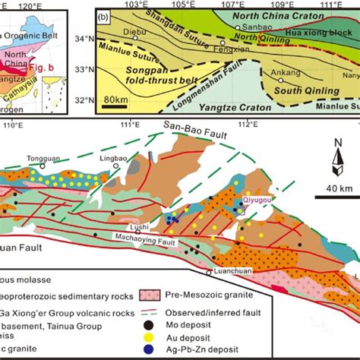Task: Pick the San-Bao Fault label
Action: (x=191, y=126)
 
